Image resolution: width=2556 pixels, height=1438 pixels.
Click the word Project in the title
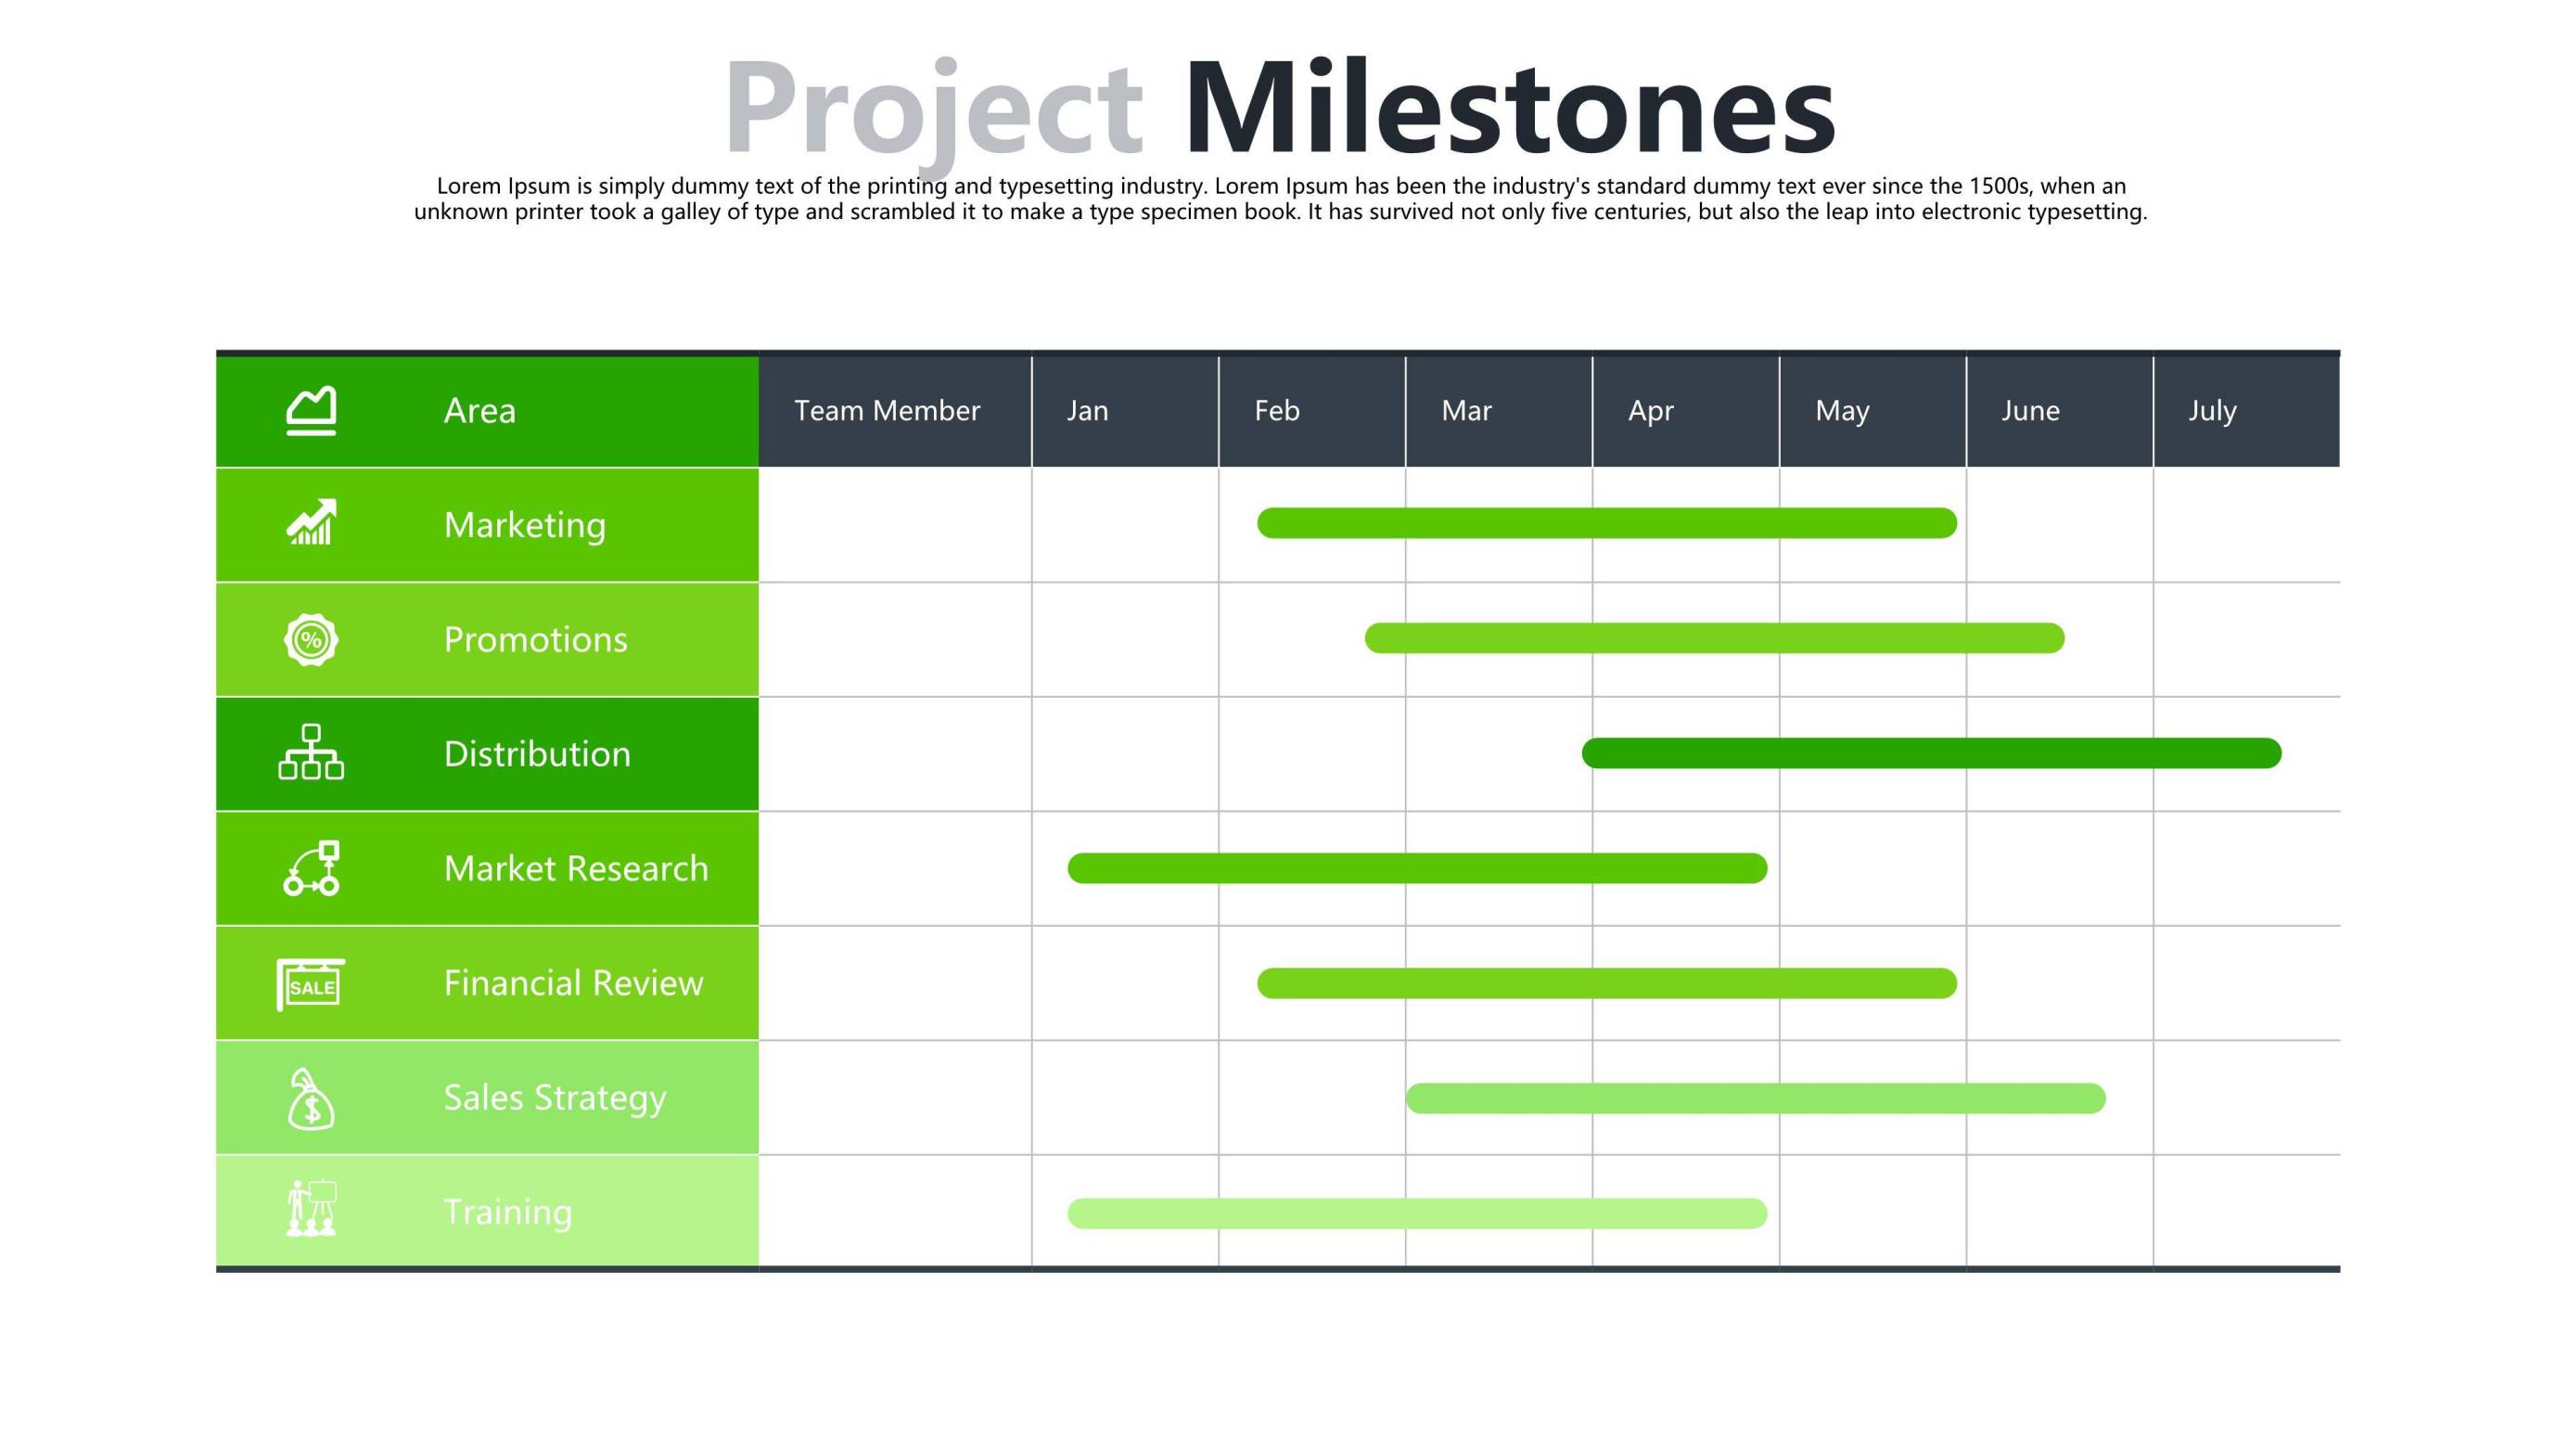pos(934,114)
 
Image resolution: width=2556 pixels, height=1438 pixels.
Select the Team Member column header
pos(887,411)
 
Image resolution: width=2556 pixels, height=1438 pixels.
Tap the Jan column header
pos(1088,411)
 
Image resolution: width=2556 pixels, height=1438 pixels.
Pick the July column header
pos(2213,412)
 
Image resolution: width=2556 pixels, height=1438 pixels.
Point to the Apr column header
pos(1651,412)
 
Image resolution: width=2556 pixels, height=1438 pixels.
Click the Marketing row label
pos(525,525)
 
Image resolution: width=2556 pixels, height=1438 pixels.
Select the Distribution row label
pos(537,754)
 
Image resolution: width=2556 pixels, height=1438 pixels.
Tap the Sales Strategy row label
pos(555,1098)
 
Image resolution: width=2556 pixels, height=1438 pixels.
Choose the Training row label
pos(508,1213)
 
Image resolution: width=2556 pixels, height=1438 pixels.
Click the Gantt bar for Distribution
pos(1931,753)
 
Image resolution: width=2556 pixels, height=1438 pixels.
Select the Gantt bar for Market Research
pos(1417,868)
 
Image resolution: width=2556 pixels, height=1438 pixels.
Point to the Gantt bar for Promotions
pos(1715,638)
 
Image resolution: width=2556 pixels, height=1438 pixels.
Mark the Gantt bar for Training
pos(1417,1213)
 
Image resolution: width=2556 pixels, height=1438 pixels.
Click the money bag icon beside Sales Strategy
pos(311,1098)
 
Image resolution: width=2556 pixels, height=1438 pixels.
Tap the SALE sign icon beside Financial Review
pos(311,984)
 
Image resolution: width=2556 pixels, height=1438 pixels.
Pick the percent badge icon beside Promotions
pos(312,639)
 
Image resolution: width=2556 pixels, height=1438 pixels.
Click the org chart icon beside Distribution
pos(312,752)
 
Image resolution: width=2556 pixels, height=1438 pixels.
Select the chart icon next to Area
pos(312,411)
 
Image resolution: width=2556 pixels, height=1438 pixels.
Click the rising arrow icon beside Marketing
pos(312,522)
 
